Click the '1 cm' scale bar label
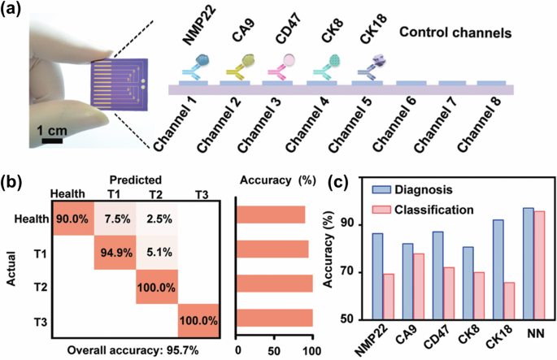(x=53, y=128)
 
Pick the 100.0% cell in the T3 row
(x=198, y=321)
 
